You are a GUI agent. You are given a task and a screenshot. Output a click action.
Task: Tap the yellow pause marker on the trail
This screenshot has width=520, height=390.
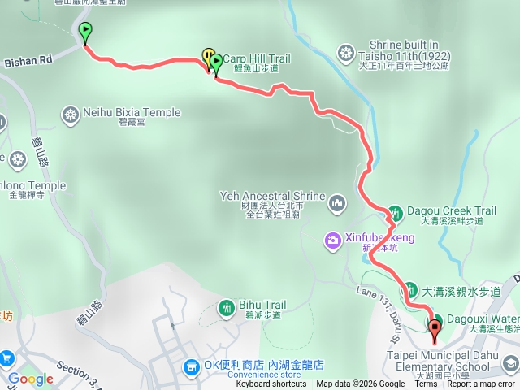[x=207, y=56]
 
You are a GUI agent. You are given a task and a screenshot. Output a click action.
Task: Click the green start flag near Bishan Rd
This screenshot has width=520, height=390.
[x=85, y=32]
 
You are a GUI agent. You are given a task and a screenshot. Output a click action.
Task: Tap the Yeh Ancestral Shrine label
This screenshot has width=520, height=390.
[x=272, y=196]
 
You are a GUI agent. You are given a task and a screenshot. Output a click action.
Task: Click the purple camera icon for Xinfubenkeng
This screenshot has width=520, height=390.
[x=332, y=239]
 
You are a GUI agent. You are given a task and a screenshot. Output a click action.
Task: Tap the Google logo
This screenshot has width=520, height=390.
[x=30, y=379]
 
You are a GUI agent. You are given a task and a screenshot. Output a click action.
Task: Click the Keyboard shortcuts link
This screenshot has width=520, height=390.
[x=271, y=384]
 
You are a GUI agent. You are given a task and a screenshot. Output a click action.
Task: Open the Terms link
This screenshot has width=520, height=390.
[x=426, y=384]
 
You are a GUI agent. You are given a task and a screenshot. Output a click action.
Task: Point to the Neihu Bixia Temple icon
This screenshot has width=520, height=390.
[x=71, y=113]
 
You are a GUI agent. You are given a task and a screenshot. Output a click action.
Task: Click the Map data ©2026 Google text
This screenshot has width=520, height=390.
[x=361, y=384]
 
